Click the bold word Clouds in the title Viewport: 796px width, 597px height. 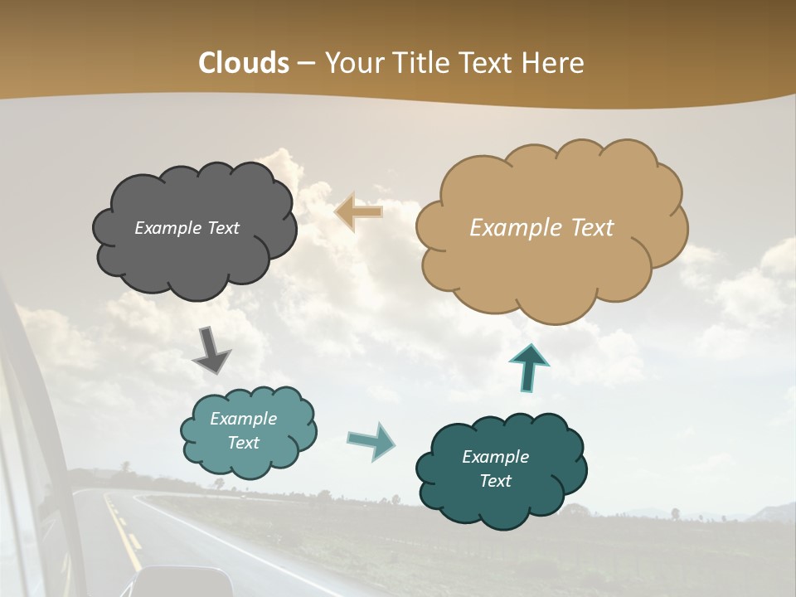(x=244, y=63)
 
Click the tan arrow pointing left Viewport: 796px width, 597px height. (x=358, y=212)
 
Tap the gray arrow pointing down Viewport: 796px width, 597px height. (x=211, y=350)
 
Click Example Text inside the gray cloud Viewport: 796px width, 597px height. (x=187, y=228)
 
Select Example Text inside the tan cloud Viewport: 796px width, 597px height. (x=541, y=228)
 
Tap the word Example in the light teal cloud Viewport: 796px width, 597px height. (x=243, y=419)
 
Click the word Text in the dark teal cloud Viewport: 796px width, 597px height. (x=495, y=481)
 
